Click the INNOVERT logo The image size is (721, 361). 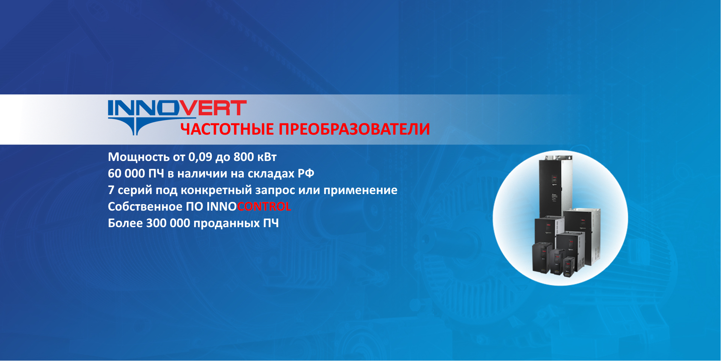(x=177, y=117)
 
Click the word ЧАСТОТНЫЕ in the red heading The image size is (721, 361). (x=227, y=129)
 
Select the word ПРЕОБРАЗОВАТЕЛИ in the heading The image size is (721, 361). (x=354, y=129)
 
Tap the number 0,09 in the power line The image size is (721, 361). (x=200, y=157)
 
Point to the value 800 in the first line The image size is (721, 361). (x=243, y=157)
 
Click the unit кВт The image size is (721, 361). (x=267, y=157)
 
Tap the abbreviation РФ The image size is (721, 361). (x=306, y=173)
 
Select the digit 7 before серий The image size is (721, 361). (x=111, y=190)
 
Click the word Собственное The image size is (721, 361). (x=145, y=206)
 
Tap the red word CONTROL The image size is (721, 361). (x=264, y=206)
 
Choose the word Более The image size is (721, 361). (x=125, y=223)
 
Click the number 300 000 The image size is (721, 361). (x=168, y=223)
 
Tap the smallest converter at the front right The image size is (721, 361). (x=569, y=267)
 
